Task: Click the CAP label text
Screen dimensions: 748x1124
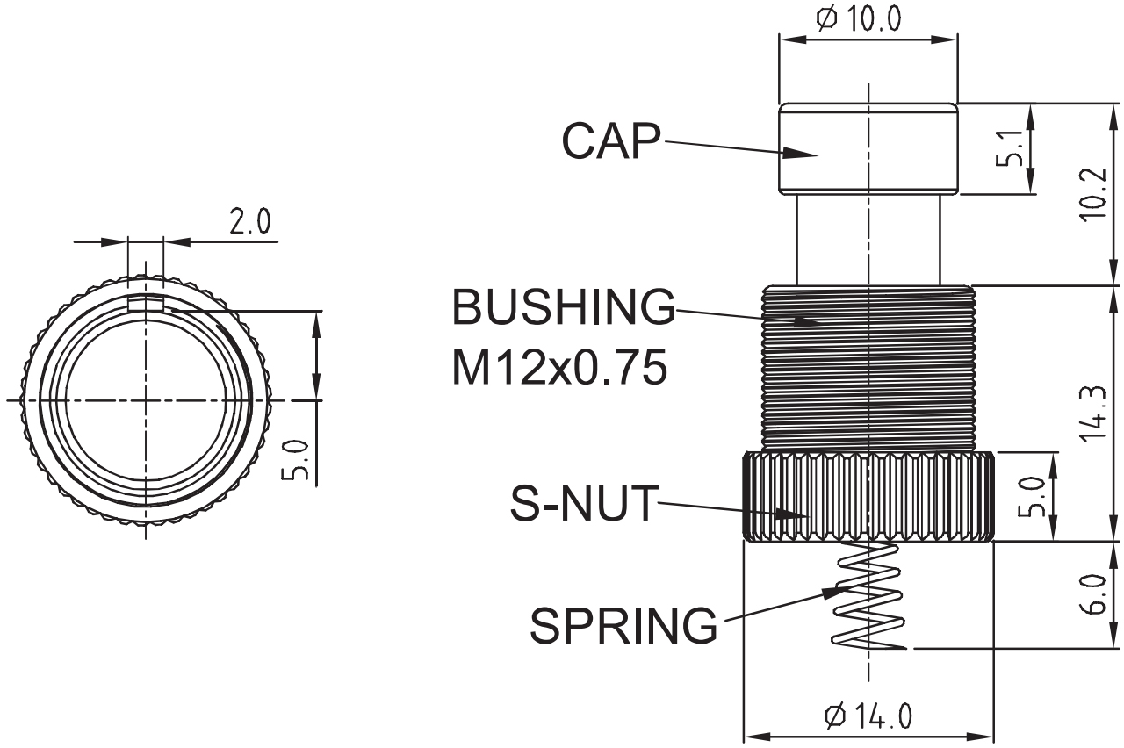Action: pyautogui.click(x=610, y=142)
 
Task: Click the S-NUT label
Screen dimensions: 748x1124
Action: pyautogui.click(x=584, y=505)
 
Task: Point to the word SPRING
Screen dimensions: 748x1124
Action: pyautogui.click(x=623, y=625)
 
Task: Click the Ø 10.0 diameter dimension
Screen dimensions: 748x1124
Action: pyautogui.click(x=858, y=19)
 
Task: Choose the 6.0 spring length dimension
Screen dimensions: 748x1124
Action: pyautogui.click(x=1093, y=595)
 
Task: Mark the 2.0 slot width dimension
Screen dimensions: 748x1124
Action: pyautogui.click(x=249, y=222)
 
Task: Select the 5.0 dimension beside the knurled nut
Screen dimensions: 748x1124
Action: pyautogui.click(x=1036, y=497)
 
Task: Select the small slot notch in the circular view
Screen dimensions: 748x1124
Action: pyautogui.click(x=145, y=304)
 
